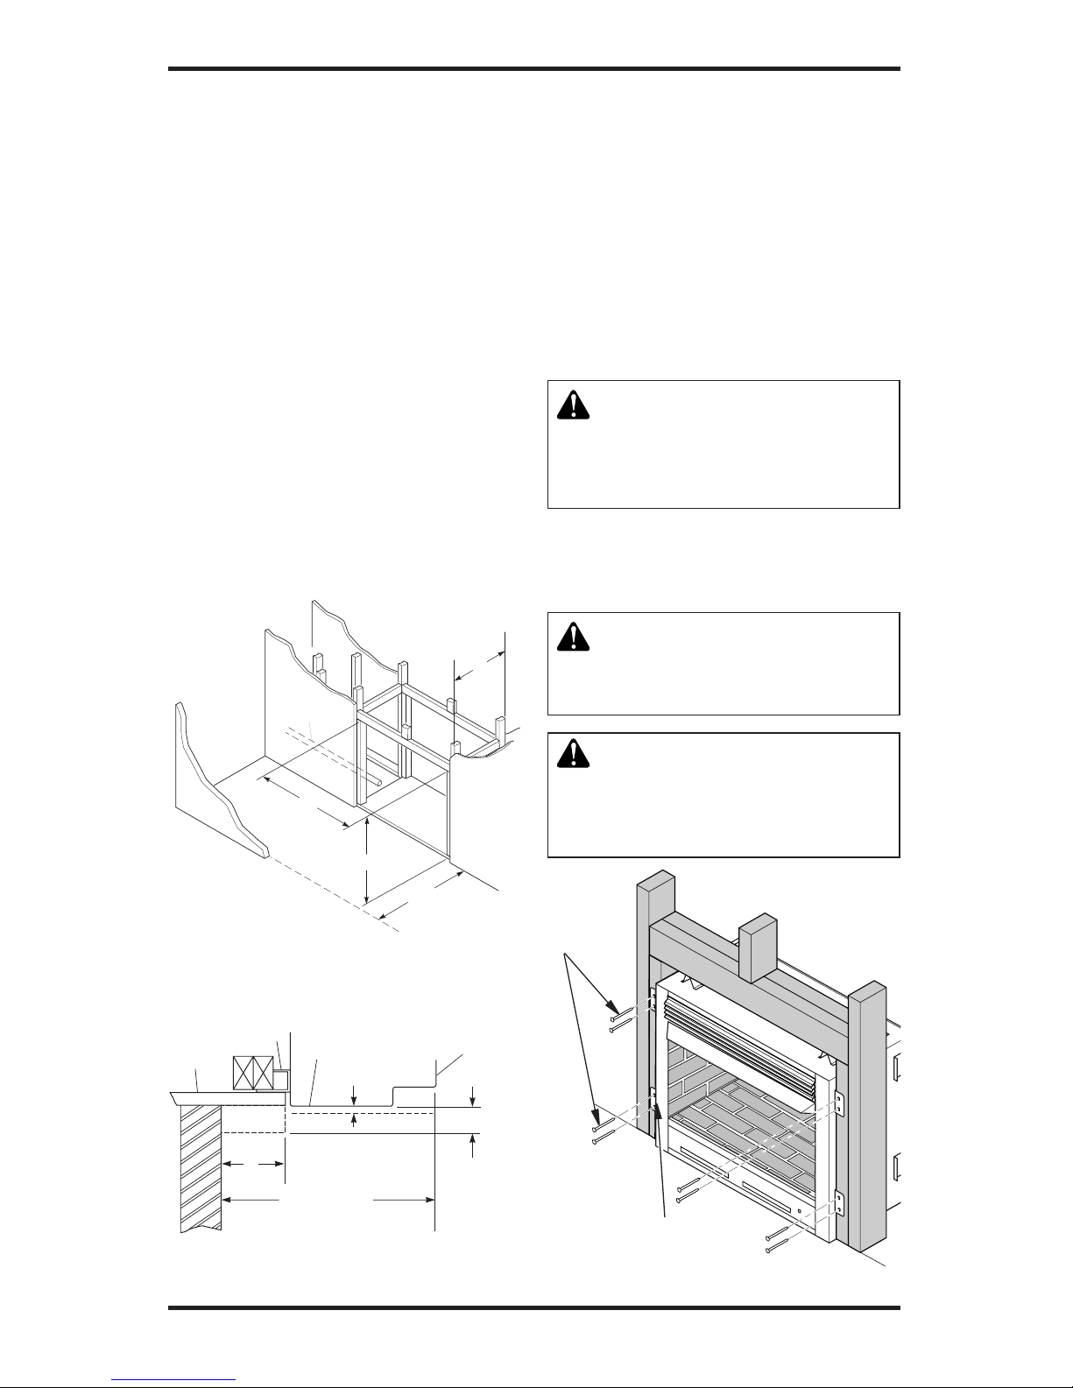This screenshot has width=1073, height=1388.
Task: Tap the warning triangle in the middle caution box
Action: tap(574, 637)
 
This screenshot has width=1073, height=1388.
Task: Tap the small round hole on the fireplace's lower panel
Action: tap(799, 1215)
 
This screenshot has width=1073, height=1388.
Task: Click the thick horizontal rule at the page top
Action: tap(534, 69)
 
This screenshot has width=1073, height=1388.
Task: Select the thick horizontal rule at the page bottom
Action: tap(534, 1308)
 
